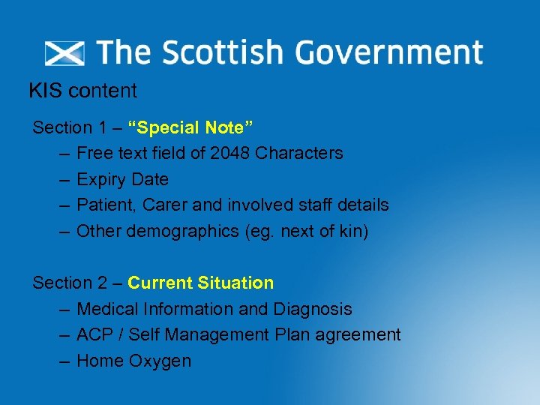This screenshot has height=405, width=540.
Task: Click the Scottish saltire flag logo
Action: pyautogui.click(x=65, y=53)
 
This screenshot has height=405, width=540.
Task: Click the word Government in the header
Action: pyautogui.click(x=388, y=53)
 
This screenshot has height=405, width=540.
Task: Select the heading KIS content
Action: pyautogui.click(x=82, y=91)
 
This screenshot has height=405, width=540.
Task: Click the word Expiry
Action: pyautogui.click(x=102, y=180)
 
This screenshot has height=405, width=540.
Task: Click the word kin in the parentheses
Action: pyautogui.click(x=349, y=231)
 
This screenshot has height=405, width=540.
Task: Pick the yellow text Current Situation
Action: pyautogui.click(x=200, y=283)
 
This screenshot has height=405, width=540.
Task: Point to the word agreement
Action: pyautogui.click(x=358, y=334)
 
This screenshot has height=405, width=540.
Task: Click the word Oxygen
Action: pyautogui.click(x=160, y=361)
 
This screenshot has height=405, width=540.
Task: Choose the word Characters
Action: pyautogui.click(x=298, y=154)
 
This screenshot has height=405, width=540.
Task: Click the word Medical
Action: pyautogui.click(x=107, y=309)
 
